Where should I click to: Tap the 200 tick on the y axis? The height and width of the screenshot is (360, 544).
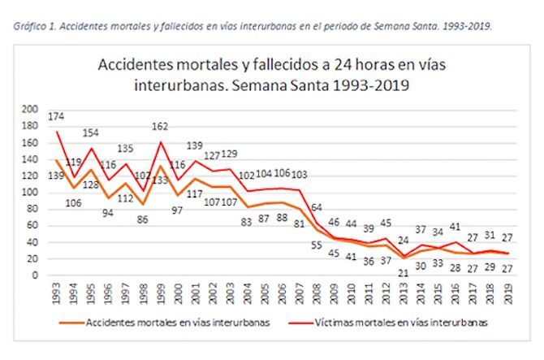point(30,109)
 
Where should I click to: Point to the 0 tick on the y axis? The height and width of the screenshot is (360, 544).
point(36,275)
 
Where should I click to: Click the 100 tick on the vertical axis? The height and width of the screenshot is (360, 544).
point(30,193)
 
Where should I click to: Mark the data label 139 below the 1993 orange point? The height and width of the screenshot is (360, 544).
point(55,176)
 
